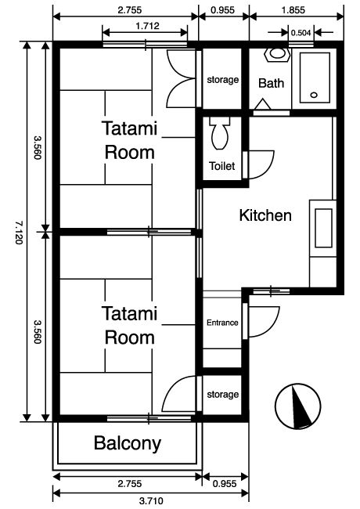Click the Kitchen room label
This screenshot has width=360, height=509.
265,215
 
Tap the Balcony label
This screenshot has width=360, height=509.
128,443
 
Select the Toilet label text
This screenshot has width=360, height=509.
221,166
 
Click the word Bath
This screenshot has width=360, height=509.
271,83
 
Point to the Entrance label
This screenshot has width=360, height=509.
222,323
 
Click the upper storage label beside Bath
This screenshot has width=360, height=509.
223,80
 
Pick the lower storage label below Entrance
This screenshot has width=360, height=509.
223,395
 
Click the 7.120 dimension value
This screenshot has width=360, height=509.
19,233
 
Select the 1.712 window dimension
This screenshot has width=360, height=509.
148,26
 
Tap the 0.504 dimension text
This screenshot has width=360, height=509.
301,33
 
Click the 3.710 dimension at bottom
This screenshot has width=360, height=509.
151,501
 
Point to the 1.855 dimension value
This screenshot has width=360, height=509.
293,10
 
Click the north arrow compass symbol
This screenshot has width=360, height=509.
298,406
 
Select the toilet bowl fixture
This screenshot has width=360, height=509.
220,133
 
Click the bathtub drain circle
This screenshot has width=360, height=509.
314,95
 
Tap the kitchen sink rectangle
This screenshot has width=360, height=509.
323,228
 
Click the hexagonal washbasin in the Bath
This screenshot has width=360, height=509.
277,54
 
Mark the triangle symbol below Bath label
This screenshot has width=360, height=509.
262,104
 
